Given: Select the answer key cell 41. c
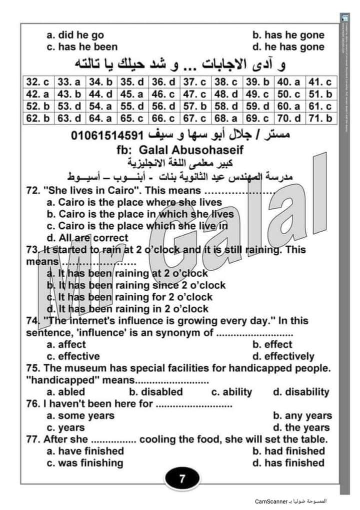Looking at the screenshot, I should point(320,82).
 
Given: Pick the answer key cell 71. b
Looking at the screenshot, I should point(320,119).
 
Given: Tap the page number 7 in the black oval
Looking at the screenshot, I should point(182,479).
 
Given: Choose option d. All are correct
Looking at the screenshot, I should point(87,238).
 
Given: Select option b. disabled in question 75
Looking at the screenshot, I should point(156,392).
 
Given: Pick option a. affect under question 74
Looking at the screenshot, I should point(66,344).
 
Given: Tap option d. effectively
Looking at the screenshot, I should point(283,356).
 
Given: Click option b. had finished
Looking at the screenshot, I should point(288,451).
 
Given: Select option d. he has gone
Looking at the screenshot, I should point(288,47).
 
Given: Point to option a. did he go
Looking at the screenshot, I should point(75,35).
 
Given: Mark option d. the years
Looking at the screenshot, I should point(301,427).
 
